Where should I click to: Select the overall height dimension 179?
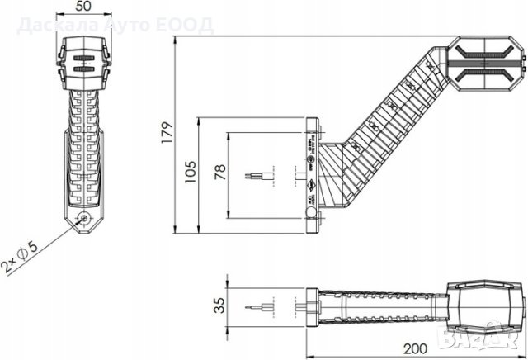[166, 131]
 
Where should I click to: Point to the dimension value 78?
[219, 172]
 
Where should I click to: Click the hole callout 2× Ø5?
[21, 258]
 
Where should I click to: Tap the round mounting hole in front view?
[84, 219]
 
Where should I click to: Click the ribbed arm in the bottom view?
[379, 306]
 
